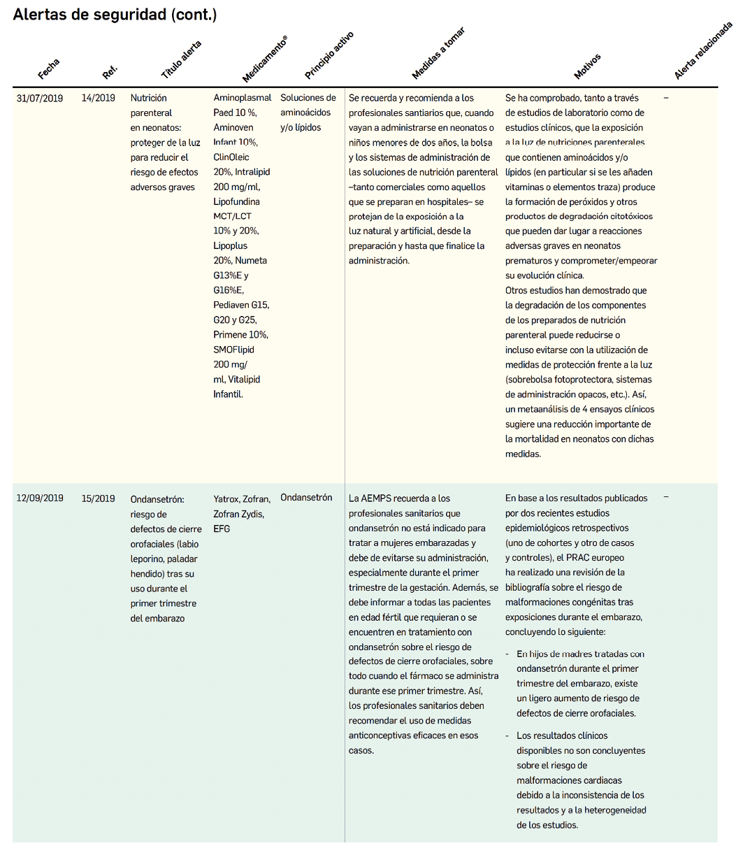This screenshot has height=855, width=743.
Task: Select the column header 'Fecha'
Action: pos(49,69)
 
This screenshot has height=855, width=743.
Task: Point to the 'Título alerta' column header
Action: pos(181,60)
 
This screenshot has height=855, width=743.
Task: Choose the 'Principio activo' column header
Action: pos(329,55)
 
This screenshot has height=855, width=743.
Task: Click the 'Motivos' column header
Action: pos(587,66)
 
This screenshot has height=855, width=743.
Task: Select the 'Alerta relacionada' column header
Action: pos(703,50)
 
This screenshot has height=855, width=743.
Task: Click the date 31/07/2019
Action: pos(40,99)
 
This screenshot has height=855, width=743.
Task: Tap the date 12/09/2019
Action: pos(40,498)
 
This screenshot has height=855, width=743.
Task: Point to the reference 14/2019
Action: pos(99,99)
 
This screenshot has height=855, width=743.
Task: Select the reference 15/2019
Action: pos(99,498)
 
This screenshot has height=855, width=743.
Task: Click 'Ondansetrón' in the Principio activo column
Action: pos(306,498)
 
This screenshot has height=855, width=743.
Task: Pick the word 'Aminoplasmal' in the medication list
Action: pos(243,98)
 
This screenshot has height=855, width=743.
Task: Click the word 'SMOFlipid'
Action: pos(233,350)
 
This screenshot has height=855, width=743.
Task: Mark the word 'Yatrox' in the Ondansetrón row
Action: pos(226,499)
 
